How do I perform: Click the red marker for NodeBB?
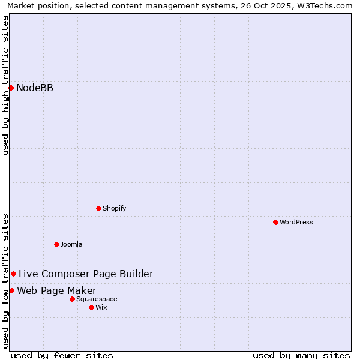(11, 88)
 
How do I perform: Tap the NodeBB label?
(35, 88)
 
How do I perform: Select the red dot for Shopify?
(98, 208)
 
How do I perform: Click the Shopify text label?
(114, 208)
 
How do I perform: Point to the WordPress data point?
(275, 222)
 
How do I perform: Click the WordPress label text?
(296, 222)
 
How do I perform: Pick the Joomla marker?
(56, 244)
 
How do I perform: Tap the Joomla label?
(71, 244)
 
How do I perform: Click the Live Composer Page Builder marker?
(13, 274)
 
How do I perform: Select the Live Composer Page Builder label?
(86, 274)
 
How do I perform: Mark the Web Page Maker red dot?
(11, 291)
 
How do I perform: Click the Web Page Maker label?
(56, 291)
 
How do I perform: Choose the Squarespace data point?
(72, 299)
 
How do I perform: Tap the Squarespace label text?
(97, 299)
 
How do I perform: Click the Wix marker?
(91, 307)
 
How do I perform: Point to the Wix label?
(101, 307)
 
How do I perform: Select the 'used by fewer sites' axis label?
(62, 355)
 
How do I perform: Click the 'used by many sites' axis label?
(301, 355)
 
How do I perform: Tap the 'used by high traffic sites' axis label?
(5, 85)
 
